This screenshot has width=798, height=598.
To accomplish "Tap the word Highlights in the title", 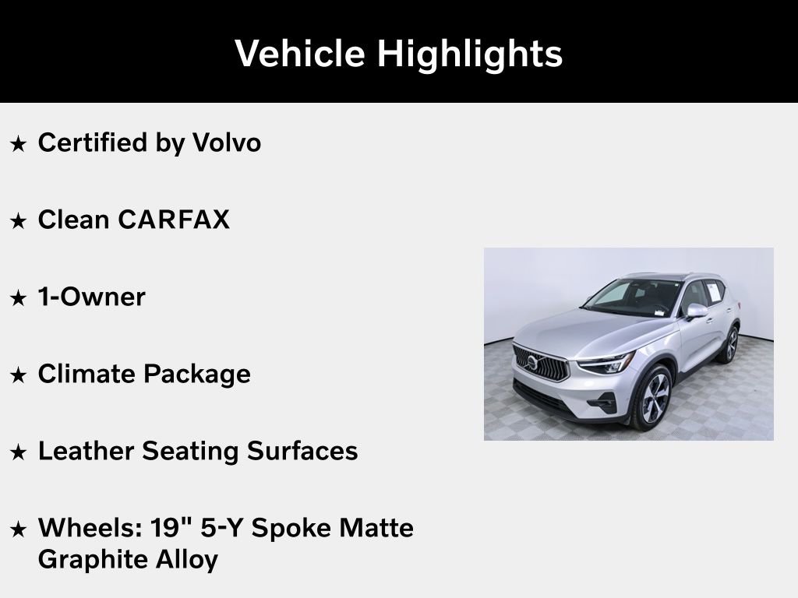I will (x=470, y=54).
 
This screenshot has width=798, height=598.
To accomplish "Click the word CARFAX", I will (x=174, y=220).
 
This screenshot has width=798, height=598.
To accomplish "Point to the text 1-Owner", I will (x=91, y=297).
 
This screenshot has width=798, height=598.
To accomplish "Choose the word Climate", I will (x=87, y=374).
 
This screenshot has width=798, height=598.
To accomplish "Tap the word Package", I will (x=196, y=374).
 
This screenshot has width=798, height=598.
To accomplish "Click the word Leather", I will (x=88, y=451).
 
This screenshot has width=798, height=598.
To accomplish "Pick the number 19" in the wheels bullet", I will (x=168, y=527).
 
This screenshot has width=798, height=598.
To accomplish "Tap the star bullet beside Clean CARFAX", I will (x=19, y=221).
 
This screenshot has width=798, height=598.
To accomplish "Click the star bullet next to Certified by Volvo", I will (x=19, y=144).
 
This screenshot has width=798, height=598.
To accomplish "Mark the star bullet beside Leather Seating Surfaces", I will (x=19, y=452).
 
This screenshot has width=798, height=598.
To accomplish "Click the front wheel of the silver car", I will (x=653, y=398).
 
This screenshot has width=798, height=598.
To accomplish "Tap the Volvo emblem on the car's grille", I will (x=532, y=362).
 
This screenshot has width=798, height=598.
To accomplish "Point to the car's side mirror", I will (x=696, y=311).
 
